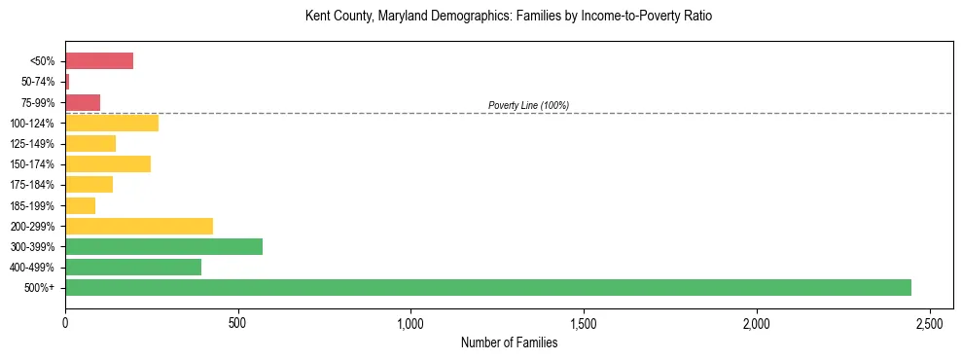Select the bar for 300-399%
tap(163, 246)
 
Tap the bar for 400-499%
tap(133, 267)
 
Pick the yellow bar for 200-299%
tap(139, 226)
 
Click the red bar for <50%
tap(99, 61)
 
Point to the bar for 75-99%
tap(83, 102)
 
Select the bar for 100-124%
tap(112, 123)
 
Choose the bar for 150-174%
tap(108, 163)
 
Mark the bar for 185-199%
tap(80, 205)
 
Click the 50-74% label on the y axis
tap(39, 82)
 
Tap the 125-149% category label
tap(34, 144)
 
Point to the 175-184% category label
tap(34, 185)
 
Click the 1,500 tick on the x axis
tap(584, 322)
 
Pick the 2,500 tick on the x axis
tap(930, 322)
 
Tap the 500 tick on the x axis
tap(238, 322)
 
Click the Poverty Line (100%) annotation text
tap(528, 105)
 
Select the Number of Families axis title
tap(509, 342)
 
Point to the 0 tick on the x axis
tap(65, 322)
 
